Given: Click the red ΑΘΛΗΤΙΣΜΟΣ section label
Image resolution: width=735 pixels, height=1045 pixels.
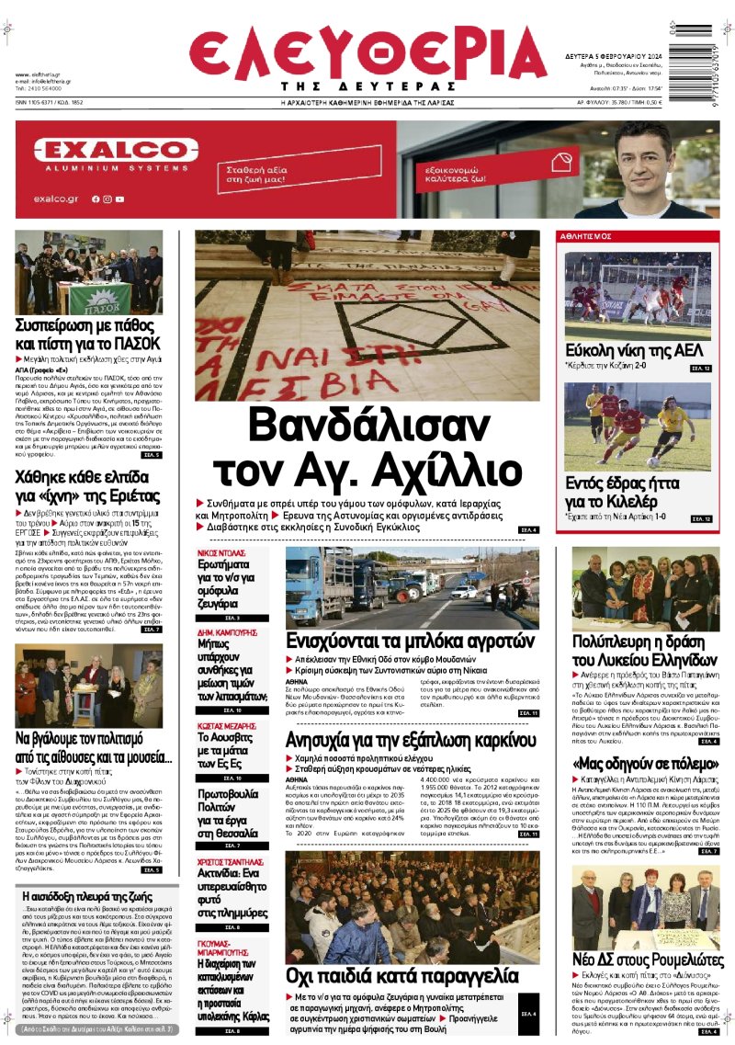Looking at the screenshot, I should [x=587, y=236].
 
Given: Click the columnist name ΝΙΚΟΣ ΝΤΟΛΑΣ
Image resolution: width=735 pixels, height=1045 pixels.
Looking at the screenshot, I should [x=220, y=554].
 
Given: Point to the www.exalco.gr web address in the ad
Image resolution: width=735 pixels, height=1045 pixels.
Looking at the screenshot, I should [x=56, y=199].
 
